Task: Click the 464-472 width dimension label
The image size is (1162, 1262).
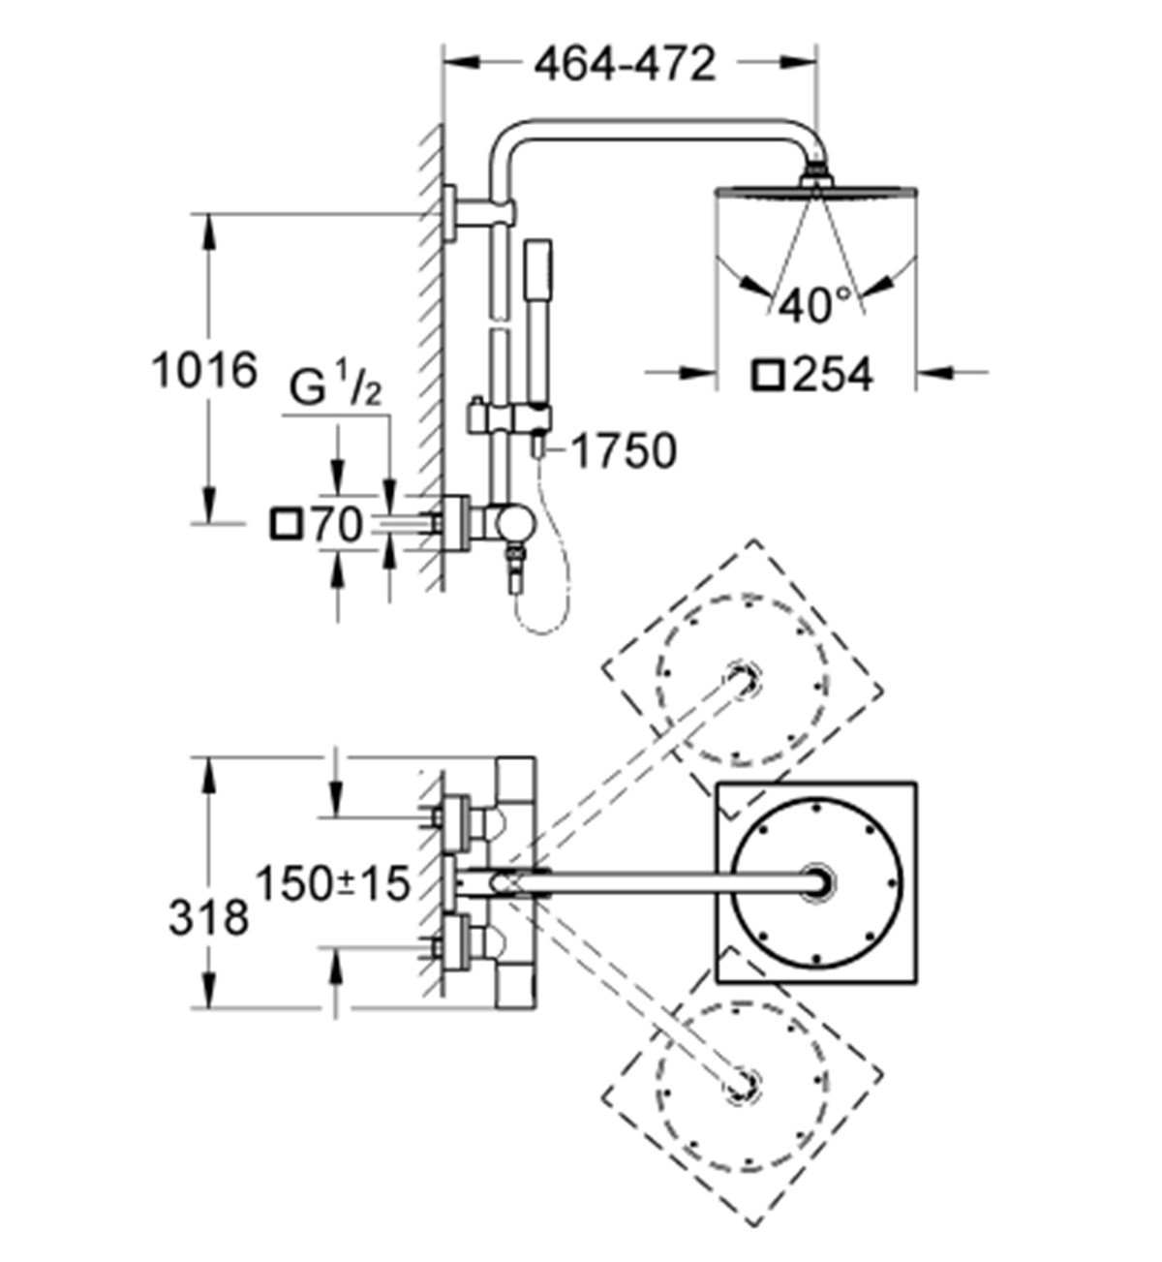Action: point(624,65)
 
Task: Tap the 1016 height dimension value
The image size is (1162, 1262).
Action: point(204,370)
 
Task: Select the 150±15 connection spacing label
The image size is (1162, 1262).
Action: point(332,883)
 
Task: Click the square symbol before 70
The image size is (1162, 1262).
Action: point(288,525)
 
